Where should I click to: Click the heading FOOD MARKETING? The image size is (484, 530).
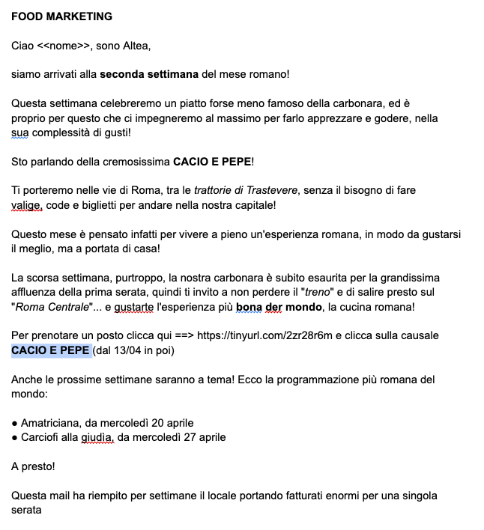tap(61, 16)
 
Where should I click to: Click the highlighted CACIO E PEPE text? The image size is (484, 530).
tap(50, 350)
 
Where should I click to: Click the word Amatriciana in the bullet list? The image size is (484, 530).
tap(50, 423)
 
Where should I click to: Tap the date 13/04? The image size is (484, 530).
tap(124, 350)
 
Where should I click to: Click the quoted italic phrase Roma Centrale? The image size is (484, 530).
tap(48, 306)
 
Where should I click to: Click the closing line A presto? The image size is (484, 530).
tap(33, 466)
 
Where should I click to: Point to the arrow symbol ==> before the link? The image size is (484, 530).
tap(182, 335)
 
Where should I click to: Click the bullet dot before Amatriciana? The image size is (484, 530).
tap(15, 423)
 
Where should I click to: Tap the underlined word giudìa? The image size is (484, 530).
tap(98, 437)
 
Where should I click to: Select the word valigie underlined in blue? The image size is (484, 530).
tap(26, 205)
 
